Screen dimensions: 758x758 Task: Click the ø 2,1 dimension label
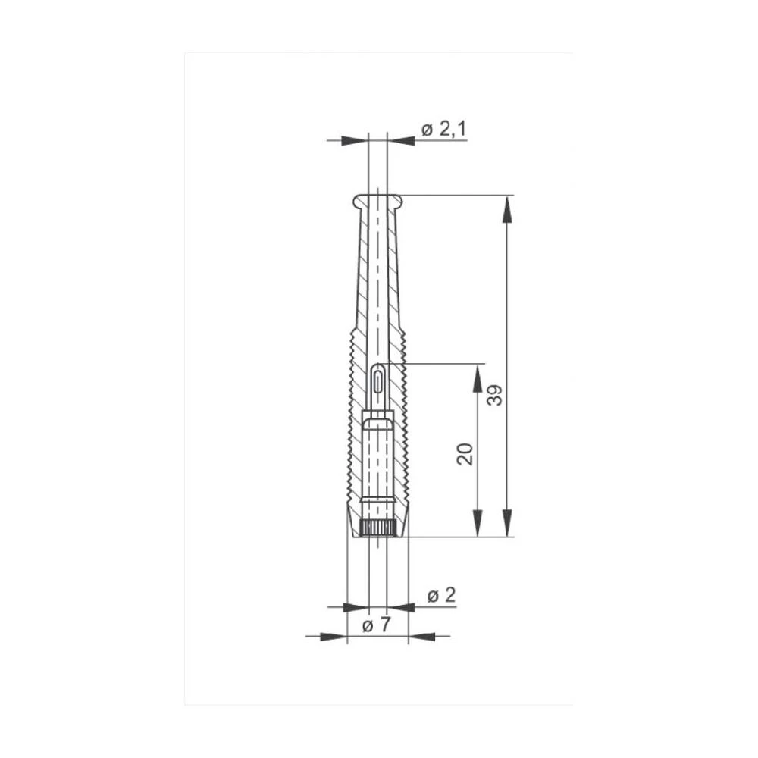pos(443,130)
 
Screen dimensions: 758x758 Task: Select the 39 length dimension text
pos(495,396)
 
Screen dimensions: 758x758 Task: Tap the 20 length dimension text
pos(466,453)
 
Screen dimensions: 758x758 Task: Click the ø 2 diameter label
pos(441,596)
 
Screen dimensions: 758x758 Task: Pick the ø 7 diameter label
pos(377,626)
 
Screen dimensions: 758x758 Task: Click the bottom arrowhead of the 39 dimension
pos(507,524)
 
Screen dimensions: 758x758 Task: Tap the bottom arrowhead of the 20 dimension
pos(478,524)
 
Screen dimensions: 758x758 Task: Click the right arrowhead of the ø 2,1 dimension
pos(401,140)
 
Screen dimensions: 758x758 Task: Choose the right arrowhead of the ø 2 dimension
pos(401,607)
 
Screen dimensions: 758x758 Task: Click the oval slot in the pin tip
pos(377,379)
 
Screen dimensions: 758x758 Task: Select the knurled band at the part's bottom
pos(377,529)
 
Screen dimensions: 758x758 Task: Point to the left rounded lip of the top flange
pos(357,201)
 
